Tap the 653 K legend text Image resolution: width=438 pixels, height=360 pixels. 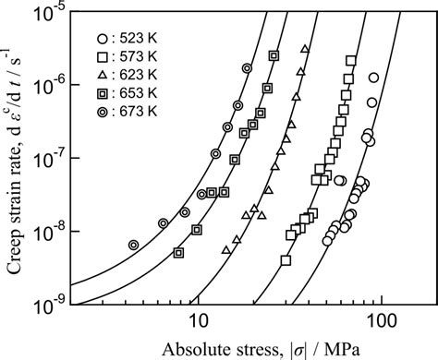(130, 92)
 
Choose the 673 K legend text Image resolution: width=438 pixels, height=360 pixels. (130, 110)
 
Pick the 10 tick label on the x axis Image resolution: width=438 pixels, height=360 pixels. (196, 322)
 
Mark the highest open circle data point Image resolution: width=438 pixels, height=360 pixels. (373, 78)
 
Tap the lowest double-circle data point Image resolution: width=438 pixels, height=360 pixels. (134, 245)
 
